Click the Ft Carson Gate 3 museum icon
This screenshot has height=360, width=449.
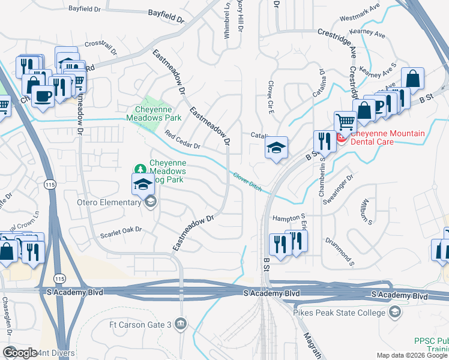pyautogui.click(x=181, y=325)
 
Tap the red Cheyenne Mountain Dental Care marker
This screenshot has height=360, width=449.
pyautogui.click(x=341, y=138)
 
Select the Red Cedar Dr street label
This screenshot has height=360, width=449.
pyautogui.click(x=182, y=140)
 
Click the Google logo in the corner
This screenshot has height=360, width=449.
pyautogui.click(x=20, y=353)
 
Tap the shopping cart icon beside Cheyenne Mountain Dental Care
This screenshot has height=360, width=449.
pyautogui.click(x=345, y=122)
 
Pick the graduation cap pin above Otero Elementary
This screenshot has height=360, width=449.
pyautogui.click(x=143, y=184)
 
